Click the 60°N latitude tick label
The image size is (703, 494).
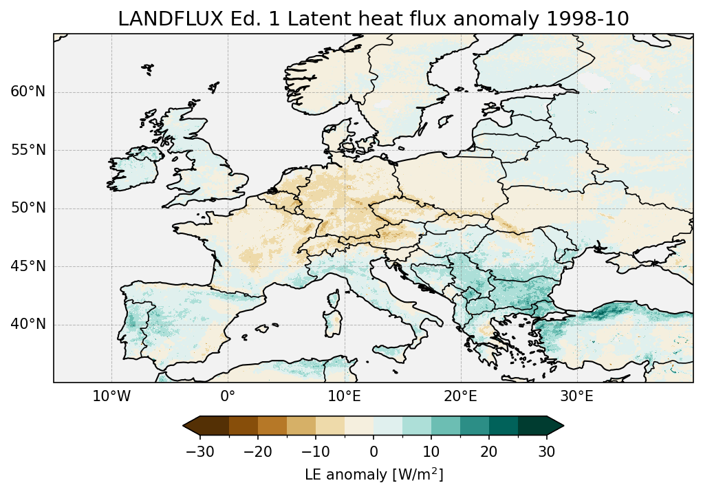pyautogui.click(x=28, y=92)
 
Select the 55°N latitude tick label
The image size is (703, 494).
pyautogui.click(x=28, y=150)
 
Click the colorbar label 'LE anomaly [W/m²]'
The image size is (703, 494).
pyautogui.click(x=374, y=475)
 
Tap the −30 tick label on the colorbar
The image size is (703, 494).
pyautogui.click(x=200, y=451)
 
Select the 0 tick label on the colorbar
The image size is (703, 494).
pyautogui.click(x=374, y=451)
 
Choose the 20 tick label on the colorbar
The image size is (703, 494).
pyautogui.click(x=489, y=451)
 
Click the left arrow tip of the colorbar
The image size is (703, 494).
pyautogui.click(x=184, y=426)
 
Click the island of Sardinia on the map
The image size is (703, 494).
pyautogui.click(x=333, y=324)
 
